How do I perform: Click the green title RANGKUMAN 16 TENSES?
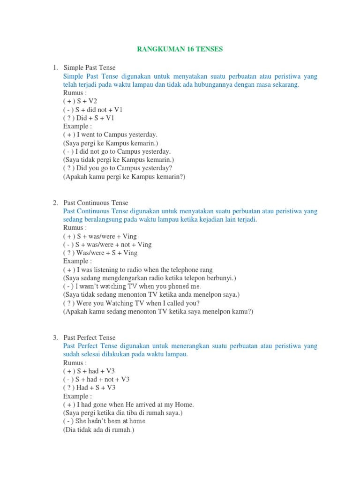pyautogui.click(x=180, y=49)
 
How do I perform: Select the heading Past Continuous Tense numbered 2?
pyautogui.click(x=96, y=203)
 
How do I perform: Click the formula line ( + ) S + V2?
pyautogui.click(x=80, y=101)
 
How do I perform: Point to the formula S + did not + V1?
pyautogui.click(x=93, y=110)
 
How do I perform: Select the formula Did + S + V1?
pyautogui.click(x=89, y=118)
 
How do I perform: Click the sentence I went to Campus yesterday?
pyautogui.click(x=110, y=135)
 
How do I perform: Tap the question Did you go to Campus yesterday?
pyautogui.click(x=118, y=168)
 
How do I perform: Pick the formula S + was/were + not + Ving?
pyautogui.click(x=107, y=245)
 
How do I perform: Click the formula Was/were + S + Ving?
pyautogui.click(x=100, y=253)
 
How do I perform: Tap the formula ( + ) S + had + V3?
pyautogui.click(x=89, y=371)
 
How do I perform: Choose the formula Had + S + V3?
pyautogui.click(x=89, y=388)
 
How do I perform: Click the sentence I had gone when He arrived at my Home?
pyautogui.click(x=128, y=405)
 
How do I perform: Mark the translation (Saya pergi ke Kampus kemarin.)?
pyautogui.click(x=111, y=143)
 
